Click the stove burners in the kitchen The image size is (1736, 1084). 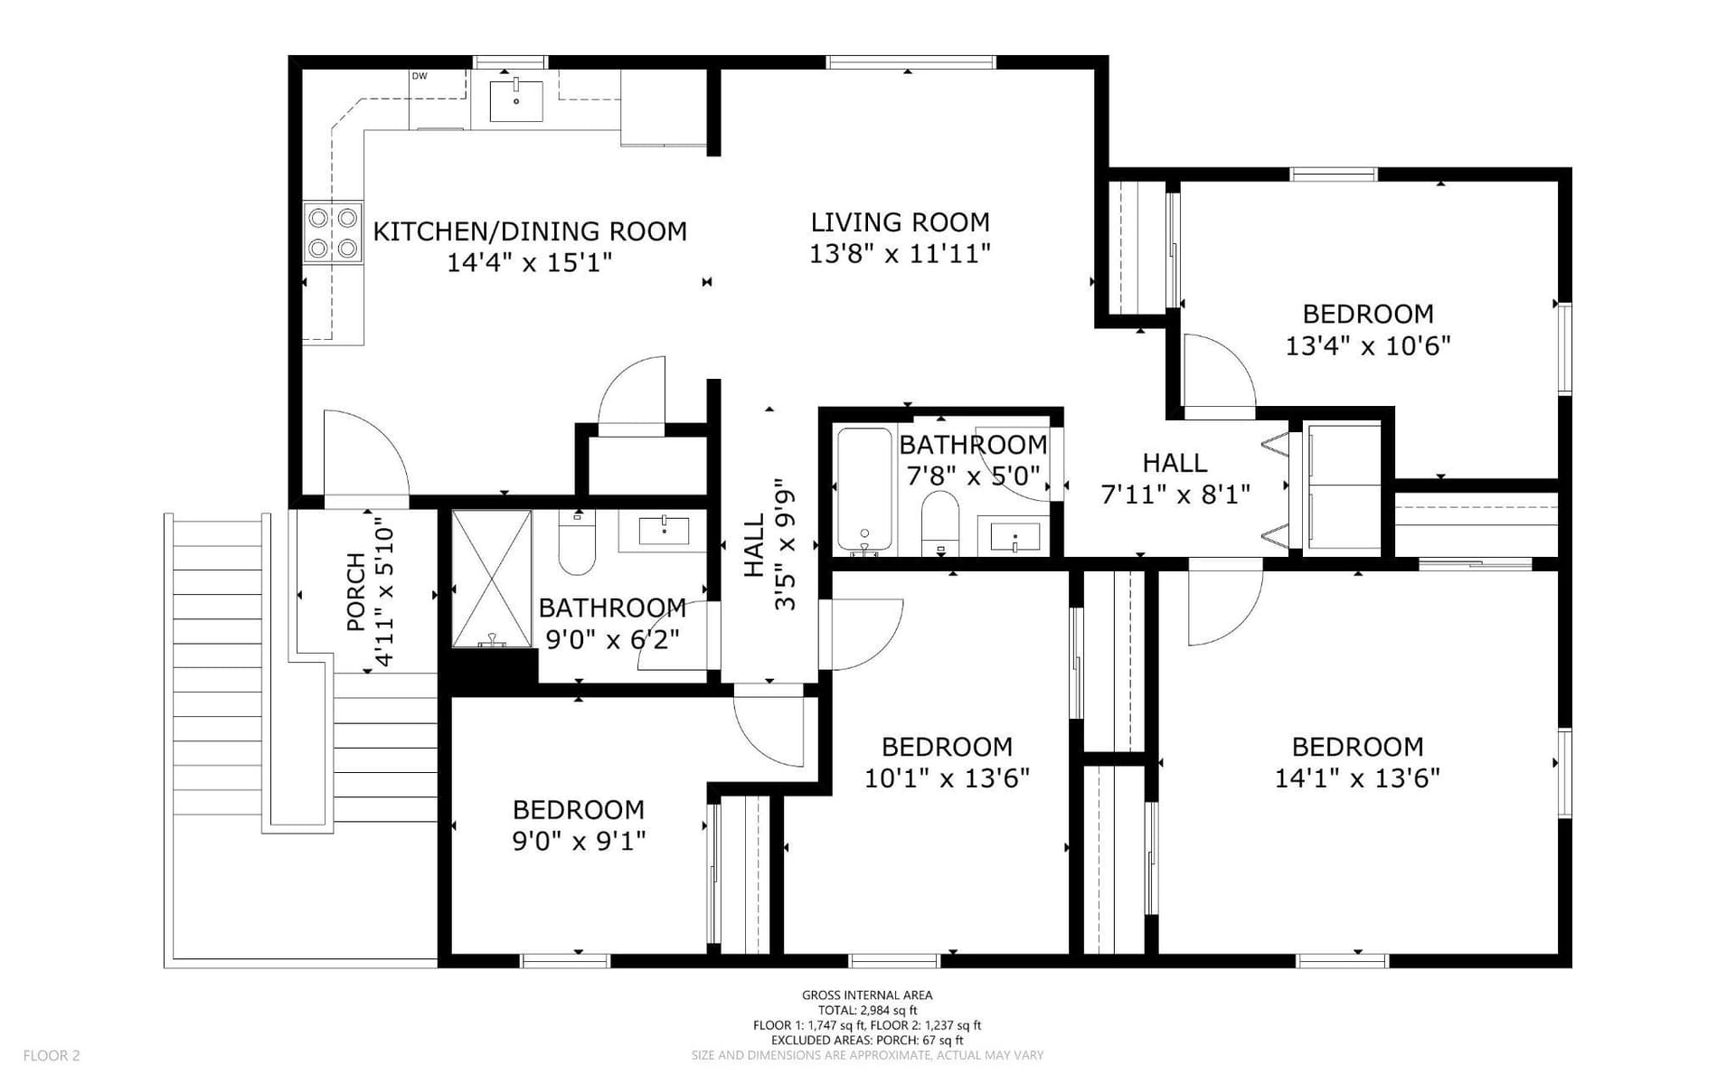(x=333, y=233)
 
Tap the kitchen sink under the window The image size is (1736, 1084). (x=516, y=100)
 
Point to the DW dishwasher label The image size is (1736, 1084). (x=420, y=76)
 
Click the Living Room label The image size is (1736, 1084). (x=900, y=222)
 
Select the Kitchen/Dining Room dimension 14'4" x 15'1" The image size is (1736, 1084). (x=530, y=263)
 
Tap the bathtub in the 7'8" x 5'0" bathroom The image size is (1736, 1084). (x=864, y=489)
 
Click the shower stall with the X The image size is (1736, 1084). (x=492, y=579)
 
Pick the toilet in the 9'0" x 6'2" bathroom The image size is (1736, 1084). (x=577, y=542)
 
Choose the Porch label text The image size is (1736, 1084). (x=356, y=591)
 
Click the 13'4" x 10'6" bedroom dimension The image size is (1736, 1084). (x=1368, y=346)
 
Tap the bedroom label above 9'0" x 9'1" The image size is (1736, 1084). (x=578, y=809)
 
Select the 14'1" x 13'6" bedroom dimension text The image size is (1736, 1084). (x=1357, y=778)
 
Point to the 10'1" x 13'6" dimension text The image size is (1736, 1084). (x=947, y=778)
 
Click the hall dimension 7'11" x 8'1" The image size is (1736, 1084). (x=1175, y=495)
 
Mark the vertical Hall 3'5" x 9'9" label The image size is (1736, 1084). (x=769, y=544)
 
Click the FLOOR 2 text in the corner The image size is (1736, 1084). (x=52, y=1055)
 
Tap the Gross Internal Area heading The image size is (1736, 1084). (x=867, y=995)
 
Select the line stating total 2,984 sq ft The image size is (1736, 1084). (x=867, y=1011)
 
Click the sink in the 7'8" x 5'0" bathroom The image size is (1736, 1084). (x=1015, y=537)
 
